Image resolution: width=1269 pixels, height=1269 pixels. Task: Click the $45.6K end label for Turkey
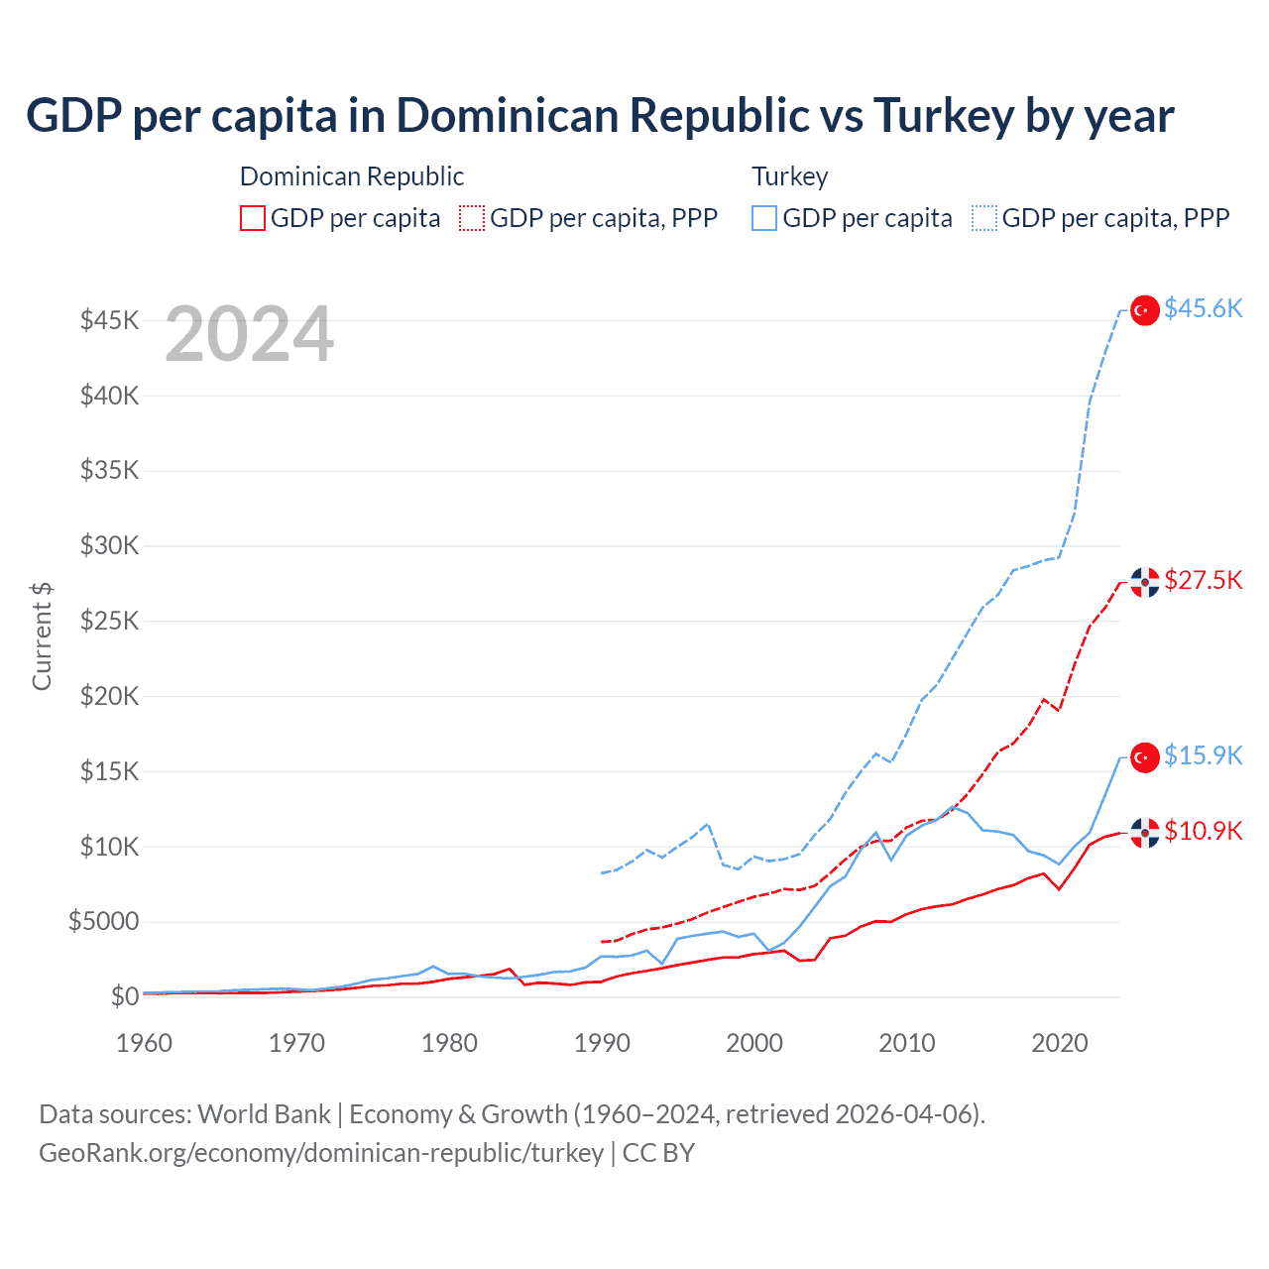[x=1203, y=309]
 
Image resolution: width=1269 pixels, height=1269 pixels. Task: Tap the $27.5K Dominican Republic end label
[x=1203, y=580]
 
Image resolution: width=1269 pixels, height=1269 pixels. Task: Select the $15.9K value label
[x=1203, y=755]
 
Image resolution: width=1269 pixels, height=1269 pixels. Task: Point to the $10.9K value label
[x=1203, y=831]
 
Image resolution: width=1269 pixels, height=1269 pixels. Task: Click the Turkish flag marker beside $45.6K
[x=1145, y=310]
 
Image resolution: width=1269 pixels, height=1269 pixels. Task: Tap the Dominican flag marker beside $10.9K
[x=1145, y=833]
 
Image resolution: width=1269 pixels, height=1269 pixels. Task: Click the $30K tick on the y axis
[x=110, y=545]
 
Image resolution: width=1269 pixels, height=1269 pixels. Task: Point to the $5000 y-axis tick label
[x=103, y=922]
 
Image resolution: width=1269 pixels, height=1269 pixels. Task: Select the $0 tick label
[x=124, y=996]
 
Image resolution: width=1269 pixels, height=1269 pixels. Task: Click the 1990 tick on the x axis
[x=602, y=1043]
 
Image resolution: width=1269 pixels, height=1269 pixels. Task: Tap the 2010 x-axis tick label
[x=907, y=1043]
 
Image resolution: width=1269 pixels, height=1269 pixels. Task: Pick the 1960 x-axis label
[x=145, y=1043]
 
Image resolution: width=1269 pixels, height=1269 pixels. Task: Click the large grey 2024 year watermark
[x=249, y=335]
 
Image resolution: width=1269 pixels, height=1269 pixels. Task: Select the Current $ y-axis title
[x=42, y=636]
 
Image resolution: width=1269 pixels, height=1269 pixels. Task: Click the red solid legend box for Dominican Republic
[x=253, y=218]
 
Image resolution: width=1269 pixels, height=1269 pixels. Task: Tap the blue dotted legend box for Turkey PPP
[x=984, y=218]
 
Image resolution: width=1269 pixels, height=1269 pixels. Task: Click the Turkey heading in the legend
[x=789, y=176]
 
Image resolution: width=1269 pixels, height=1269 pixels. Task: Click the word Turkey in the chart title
[x=944, y=116]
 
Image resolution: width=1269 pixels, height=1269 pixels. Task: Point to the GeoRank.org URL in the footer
[x=321, y=1153]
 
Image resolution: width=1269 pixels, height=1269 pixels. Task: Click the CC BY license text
[x=658, y=1153]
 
